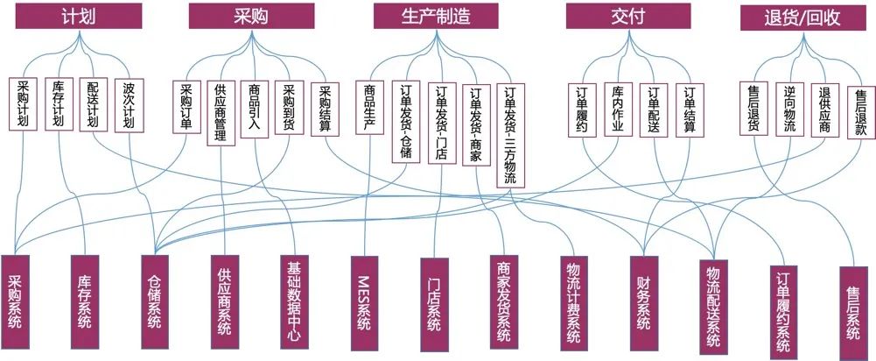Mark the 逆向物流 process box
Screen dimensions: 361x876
click(x=789, y=109)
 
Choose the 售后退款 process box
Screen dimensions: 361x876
click(x=860, y=112)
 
